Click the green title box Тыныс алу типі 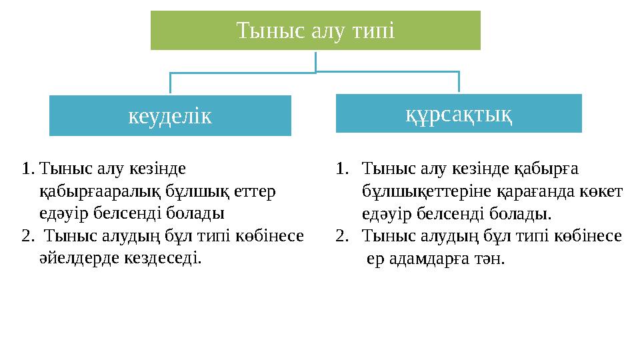point(315,30)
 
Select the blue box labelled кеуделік point(170,116)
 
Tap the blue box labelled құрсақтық point(459,114)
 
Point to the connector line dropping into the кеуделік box point(171,83)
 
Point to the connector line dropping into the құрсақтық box point(459,81)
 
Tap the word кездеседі point(163,257)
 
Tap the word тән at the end point(491,258)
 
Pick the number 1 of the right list point(341,170)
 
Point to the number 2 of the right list point(342,235)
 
